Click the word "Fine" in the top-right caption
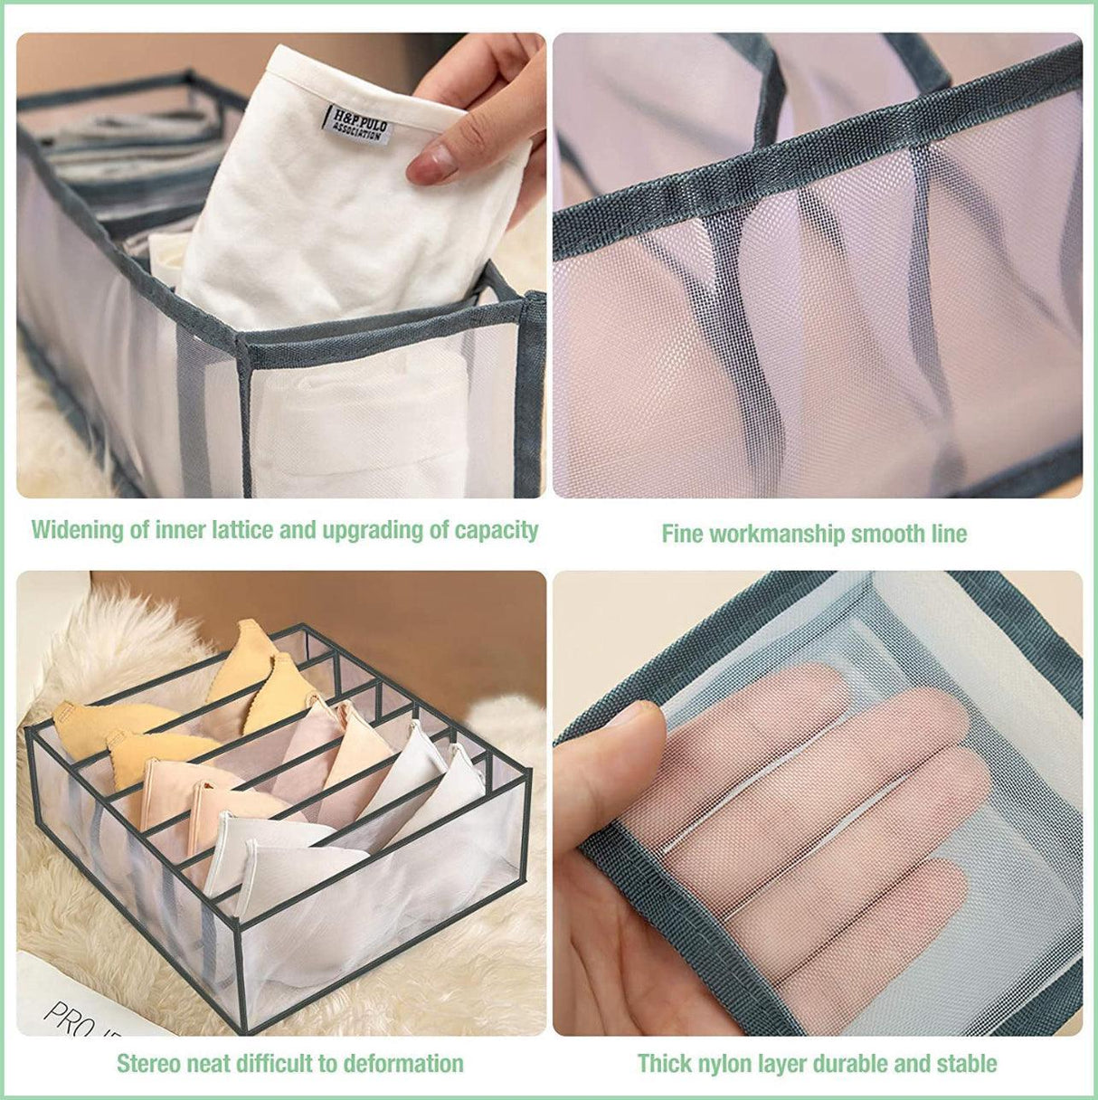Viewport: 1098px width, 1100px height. [682, 534]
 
